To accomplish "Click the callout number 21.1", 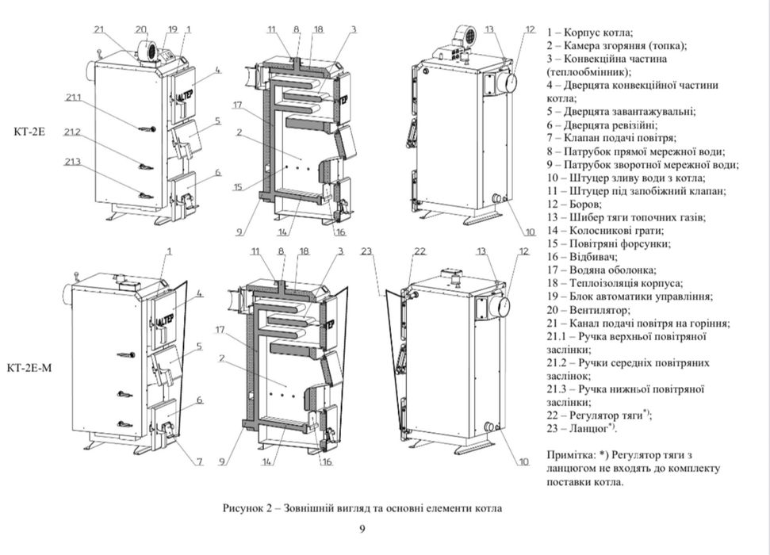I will [x=73, y=98].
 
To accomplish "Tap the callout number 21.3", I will [x=73, y=162].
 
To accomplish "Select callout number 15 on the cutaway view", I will [x=237, y=188].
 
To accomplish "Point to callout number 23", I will [x=366, y=251].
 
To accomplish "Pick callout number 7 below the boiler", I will [x=198, y=461].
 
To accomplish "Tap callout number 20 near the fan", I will [x=141, y=29].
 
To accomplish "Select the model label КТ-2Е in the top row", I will [x=29, y=132].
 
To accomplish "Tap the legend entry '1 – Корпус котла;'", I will [x=589, y=33].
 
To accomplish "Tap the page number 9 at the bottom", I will [x=362, y=529].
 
